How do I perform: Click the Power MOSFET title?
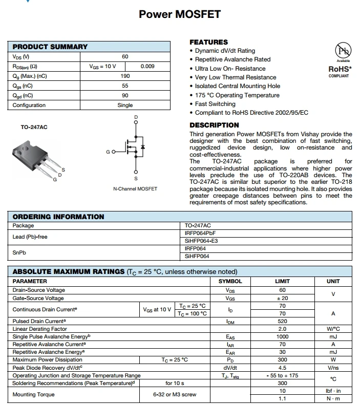point(180,14)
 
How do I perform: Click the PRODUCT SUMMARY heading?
point(50,47)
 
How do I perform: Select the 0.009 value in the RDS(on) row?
point(147,66)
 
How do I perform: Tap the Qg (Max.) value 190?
point(125,76)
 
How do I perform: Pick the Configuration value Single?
point(125,105)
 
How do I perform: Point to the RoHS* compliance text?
point(339,69)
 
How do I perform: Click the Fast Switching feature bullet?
point(216,104)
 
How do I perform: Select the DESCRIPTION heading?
point(214,125)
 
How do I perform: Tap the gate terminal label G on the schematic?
point(108,152)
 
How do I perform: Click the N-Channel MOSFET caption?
point(135,189)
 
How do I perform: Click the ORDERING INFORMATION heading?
point(58,217)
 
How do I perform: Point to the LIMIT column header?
point(282,281)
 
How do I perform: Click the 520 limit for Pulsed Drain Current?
point(282,321)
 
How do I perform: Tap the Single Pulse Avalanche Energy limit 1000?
point(282,336)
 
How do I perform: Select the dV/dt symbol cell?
point(230,367)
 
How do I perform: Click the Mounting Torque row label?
point(33,394)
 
